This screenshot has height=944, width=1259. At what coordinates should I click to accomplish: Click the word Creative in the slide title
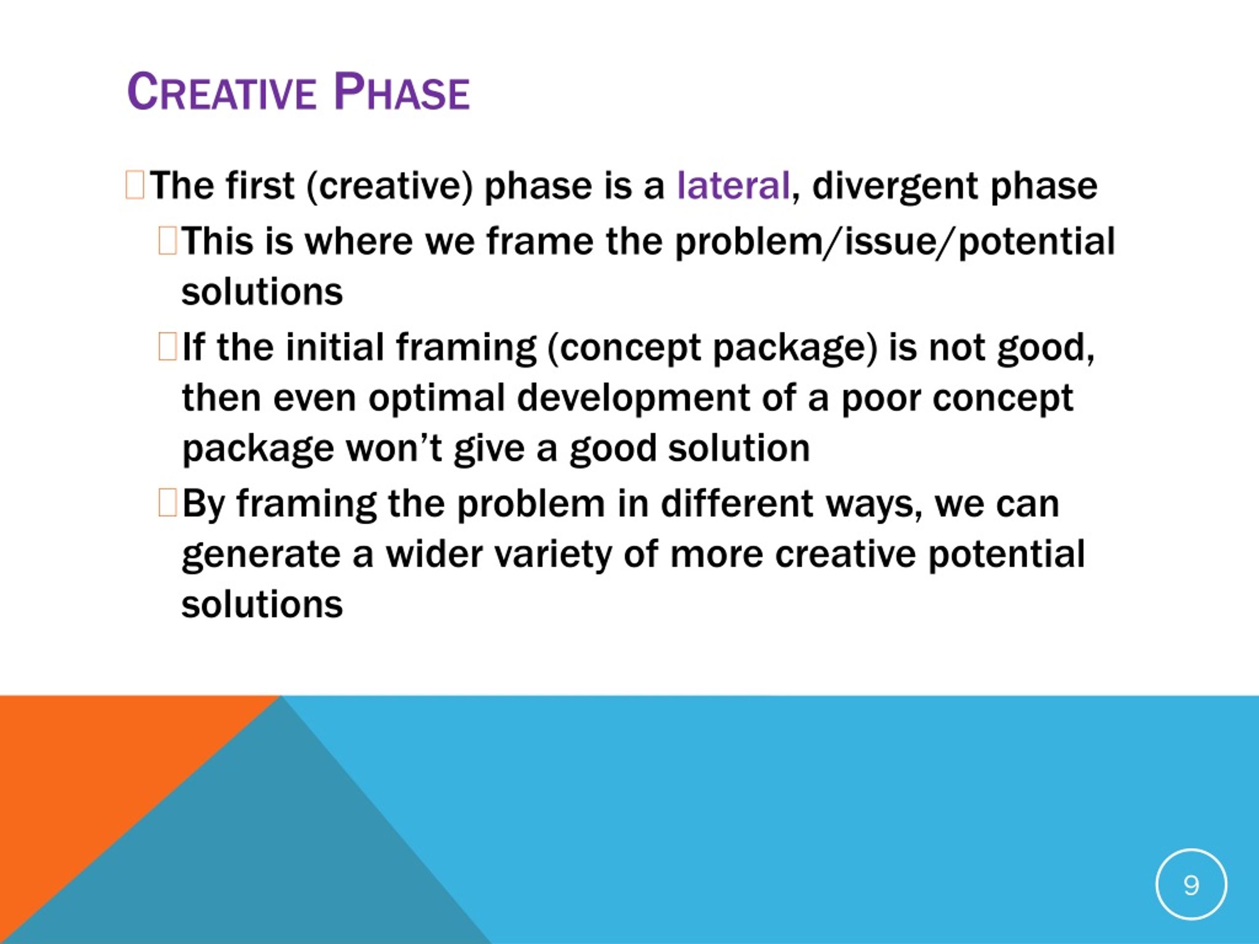click(221, 91)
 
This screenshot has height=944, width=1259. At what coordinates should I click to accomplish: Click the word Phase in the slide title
click(402, 91)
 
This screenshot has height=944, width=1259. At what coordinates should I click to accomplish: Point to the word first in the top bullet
click(260, 185)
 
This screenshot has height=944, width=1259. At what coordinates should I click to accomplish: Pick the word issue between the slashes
click(890, 241)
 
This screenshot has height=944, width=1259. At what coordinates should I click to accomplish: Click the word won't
click(394, 448)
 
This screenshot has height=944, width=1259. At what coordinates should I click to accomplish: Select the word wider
click(434, 554)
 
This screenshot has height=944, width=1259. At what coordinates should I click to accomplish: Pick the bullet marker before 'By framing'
click(167, 503)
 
